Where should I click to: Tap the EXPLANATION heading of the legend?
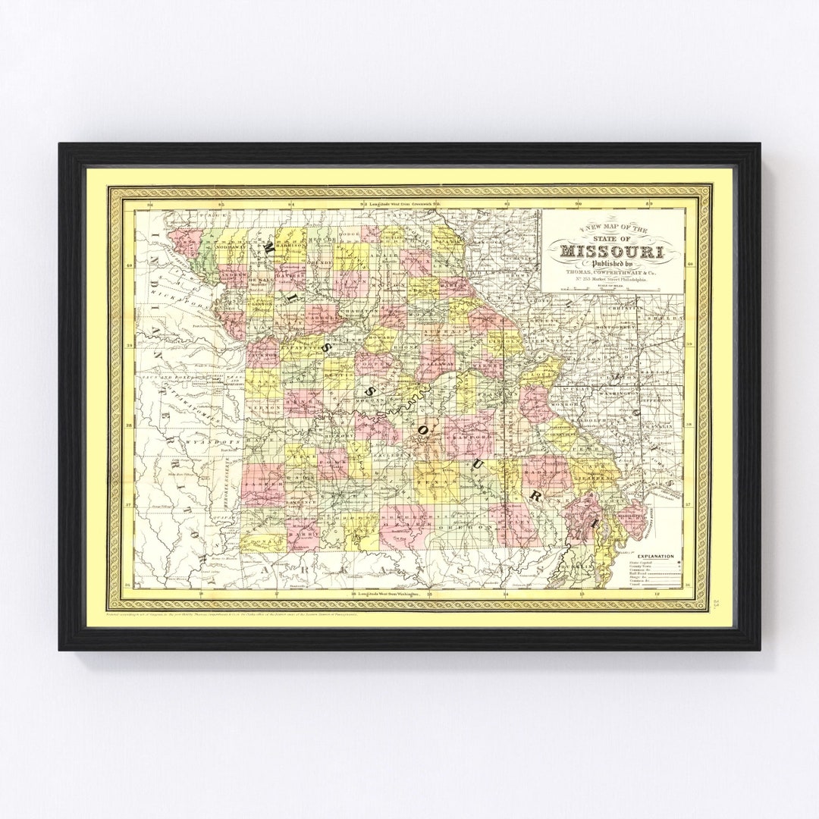point(651,556)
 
